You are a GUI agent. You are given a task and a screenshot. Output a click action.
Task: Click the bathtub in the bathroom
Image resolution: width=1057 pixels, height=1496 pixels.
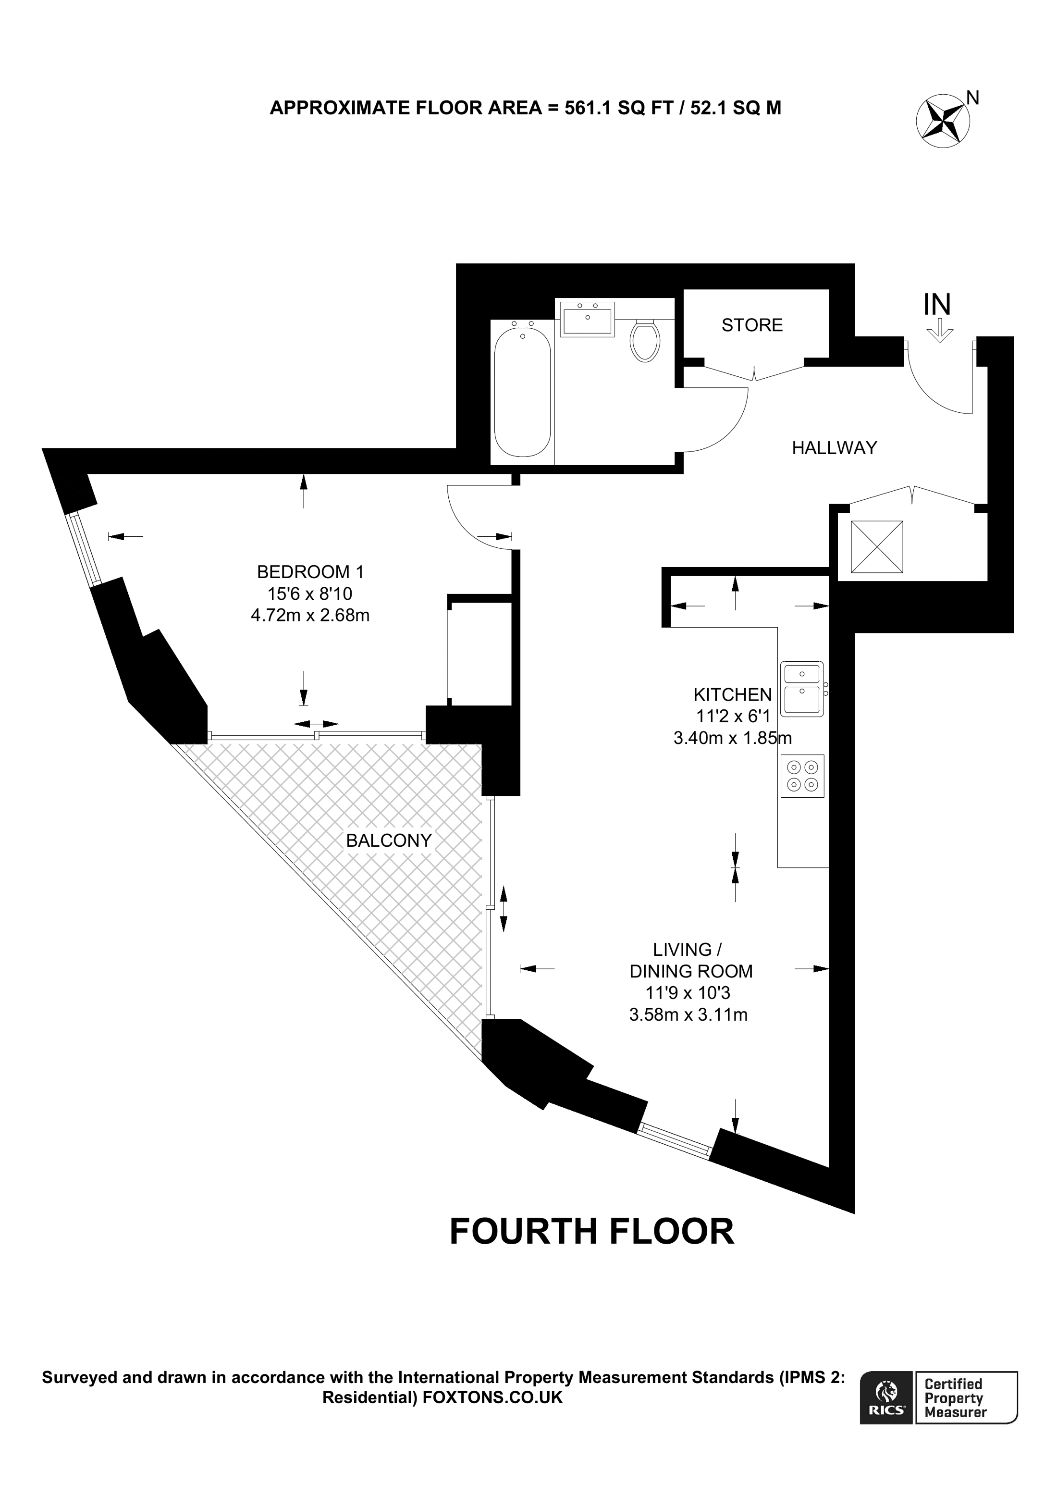click(522, 391)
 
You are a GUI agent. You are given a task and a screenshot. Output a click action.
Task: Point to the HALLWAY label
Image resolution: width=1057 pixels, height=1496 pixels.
click(834, 447)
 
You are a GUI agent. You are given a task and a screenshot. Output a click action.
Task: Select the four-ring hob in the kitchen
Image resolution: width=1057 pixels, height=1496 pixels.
click(802, 776)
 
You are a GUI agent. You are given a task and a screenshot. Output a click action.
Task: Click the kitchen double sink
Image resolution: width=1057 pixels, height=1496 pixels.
click(802, 689)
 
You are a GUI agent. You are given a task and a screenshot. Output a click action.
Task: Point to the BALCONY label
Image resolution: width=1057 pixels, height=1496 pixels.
click(389, 841)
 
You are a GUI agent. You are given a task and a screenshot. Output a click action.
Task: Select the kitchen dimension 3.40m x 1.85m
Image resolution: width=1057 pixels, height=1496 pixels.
click(732, 738)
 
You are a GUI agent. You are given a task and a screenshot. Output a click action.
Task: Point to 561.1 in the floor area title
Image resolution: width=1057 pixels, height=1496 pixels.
click(588, 108)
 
